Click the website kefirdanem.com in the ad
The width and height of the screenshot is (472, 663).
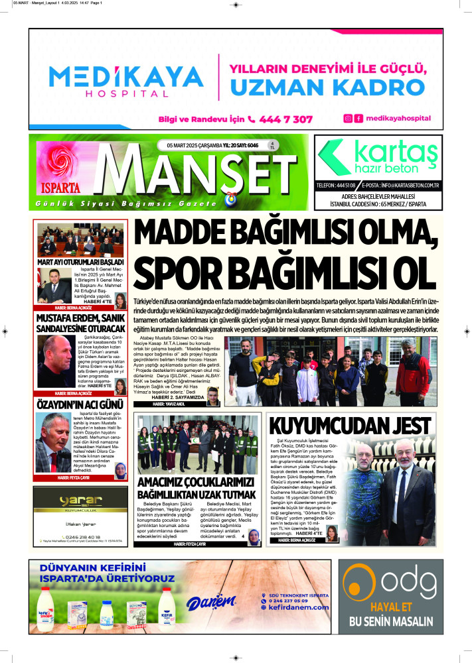298,607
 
